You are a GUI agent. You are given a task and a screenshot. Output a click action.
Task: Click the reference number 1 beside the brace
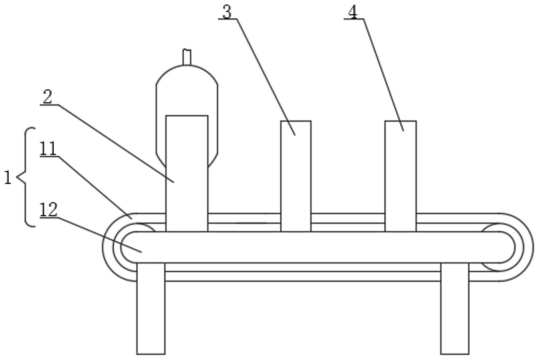(x=8, y=178)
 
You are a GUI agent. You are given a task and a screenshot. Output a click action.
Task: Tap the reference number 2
(x=47, y=97)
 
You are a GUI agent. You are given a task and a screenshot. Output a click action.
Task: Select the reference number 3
(x=227, y=12)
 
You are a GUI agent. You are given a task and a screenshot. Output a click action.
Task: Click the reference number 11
(x=48, y=149)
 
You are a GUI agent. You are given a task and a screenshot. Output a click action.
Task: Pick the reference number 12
(x=48, y=210)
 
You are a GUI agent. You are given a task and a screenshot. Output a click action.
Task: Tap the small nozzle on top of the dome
(x=187, y=57)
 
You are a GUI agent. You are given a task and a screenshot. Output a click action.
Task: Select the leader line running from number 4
(x=383, y=74)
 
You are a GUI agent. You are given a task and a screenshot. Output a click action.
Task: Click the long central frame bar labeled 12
(x=309, y=247)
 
